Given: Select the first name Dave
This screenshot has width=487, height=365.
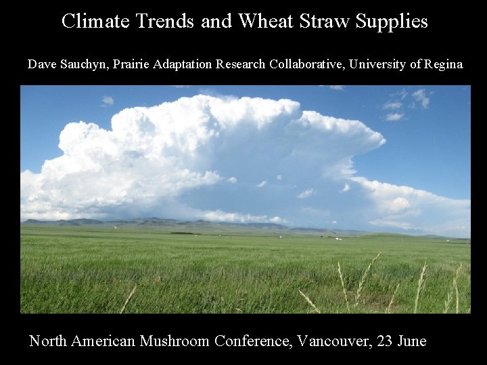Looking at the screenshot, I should click(40, 65).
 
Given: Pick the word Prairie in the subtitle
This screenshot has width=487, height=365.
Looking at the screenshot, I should click(132, 65).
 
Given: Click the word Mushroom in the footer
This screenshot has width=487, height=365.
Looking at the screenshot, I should click(175, 341).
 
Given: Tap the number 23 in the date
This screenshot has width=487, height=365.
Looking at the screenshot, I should click(386, 341).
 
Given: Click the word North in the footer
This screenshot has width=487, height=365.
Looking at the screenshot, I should click(48, 341).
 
